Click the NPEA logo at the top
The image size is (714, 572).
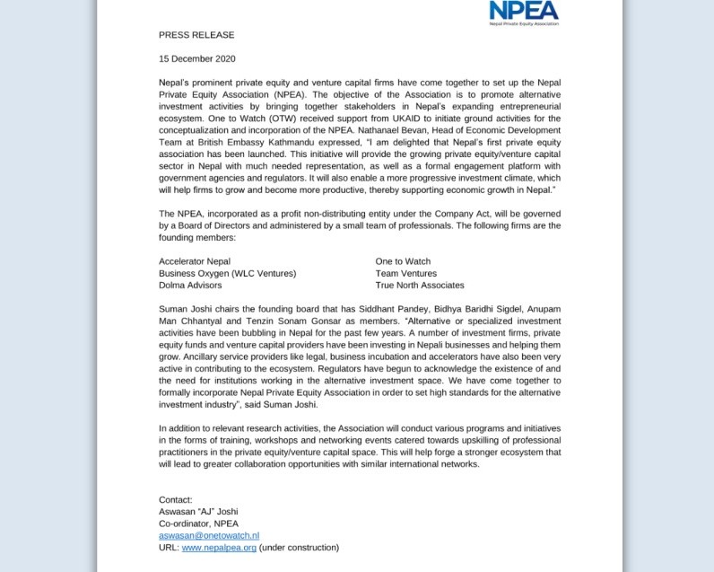point(524,13)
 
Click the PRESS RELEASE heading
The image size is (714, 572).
point(196,35)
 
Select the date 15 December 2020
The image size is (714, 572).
point(196,58)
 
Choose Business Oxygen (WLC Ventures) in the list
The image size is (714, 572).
point(227,273)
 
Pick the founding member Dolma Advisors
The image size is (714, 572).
point(191,285)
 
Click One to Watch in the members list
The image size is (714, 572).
point(403,261)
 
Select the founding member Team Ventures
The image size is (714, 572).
point(405,273)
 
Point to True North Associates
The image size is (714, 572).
point(420,285)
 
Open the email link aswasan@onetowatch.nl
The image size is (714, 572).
point(209,535)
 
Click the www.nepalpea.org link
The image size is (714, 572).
point(219,547)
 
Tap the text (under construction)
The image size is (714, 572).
point(299,547)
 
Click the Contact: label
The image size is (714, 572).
point(175,500)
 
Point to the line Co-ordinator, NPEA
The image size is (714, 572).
point(198,524)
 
